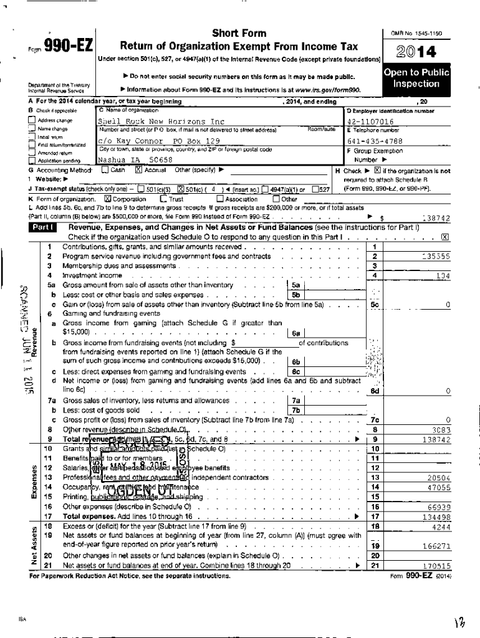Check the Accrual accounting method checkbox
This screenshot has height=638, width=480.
[x=139, y=169]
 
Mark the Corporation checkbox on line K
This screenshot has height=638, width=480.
[x=107, y=199]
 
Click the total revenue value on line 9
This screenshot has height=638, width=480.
[x=435, y=439]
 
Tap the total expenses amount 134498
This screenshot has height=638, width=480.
[x=435, y=517]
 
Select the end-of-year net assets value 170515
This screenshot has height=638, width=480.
[x=435, y=566]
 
